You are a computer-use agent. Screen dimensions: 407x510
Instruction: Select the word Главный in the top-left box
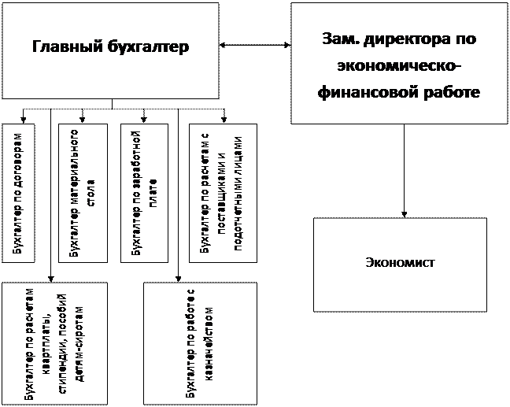(67, 48)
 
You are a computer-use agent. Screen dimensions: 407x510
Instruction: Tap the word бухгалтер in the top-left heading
(149, 48)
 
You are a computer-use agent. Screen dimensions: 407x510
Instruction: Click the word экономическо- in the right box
(399, 65)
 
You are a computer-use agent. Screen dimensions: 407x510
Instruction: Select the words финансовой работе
(399, 92)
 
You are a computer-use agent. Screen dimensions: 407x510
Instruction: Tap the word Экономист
(401, 262)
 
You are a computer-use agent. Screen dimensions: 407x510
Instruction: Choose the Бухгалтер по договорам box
(19, 192)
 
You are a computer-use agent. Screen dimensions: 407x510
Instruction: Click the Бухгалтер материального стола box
(83, 192)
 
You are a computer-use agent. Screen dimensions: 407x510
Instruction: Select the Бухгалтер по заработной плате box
(144, 192)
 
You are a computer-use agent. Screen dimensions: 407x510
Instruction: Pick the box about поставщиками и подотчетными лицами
(224, 192)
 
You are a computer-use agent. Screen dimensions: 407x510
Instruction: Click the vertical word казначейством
(207, 345)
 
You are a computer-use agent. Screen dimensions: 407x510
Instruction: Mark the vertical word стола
(91, 191)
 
